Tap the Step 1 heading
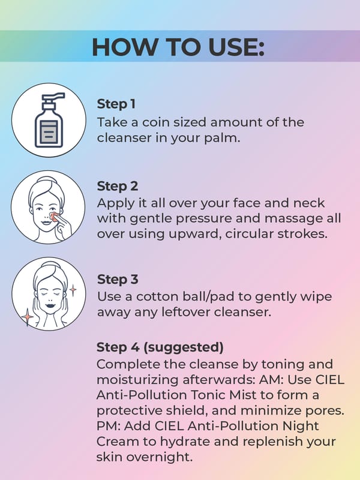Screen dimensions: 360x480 (x=116, y=104)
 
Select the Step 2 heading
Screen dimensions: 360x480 (x=118, y=187)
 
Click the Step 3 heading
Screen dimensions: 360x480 (x=118, y=280)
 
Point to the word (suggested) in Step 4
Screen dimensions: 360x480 (x=184, y=347)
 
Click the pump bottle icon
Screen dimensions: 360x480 (x=49, y=120)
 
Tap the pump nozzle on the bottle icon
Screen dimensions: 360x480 (x=54, y=97)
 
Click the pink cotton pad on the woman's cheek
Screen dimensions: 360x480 (x=54, y=216)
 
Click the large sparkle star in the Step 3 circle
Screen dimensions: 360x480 (x=27, y=317)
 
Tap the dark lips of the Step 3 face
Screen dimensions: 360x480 (x=49, y=305)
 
